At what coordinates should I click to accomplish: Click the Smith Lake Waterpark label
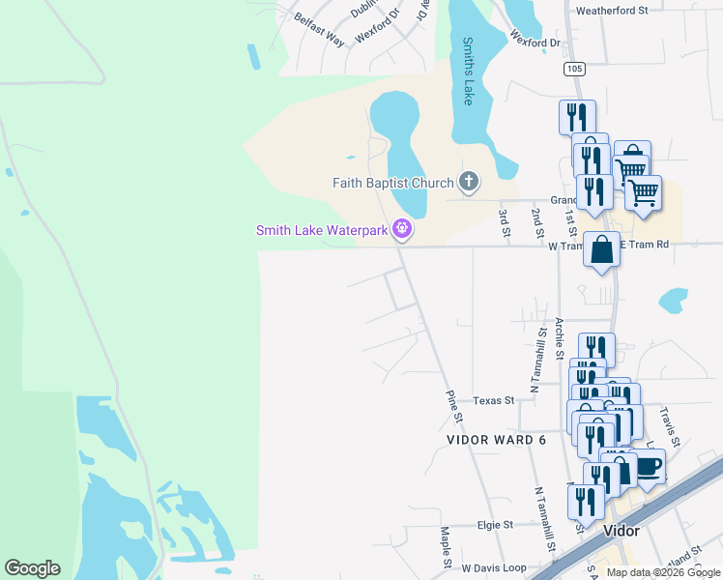tap(322, 230)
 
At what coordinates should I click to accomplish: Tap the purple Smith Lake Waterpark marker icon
tap(402, 230)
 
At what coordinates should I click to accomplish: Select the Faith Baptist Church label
tap(393, 183)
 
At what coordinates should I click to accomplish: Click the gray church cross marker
tap(469, 182)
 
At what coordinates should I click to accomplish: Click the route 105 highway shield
tap(575, 69)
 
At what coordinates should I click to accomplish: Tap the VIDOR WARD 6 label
tap(496, 440)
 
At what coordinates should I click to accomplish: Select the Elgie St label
tap(494, 525)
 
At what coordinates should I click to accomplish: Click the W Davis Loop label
tap(493, 567)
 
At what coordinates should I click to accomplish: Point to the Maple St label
tap(446, 547)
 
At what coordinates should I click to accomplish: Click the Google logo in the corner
tap(33, 568)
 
